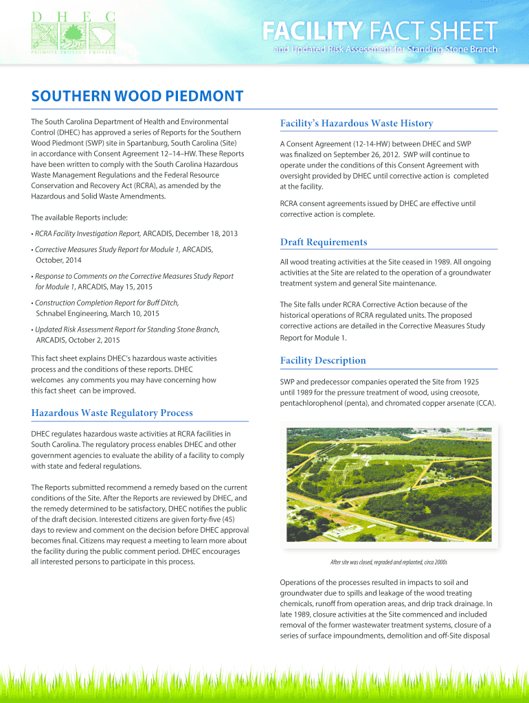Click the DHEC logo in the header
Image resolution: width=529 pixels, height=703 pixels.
coord(72,32)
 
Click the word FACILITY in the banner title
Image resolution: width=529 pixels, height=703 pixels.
coord(312,31)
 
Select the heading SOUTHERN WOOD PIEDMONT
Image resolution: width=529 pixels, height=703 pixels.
coord(137,96)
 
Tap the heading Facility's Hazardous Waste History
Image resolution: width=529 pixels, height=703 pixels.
coord(356,124)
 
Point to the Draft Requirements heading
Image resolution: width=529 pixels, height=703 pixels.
coord(323,242)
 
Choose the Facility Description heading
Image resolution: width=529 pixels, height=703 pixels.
coord(322,360)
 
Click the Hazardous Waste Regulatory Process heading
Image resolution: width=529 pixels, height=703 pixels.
coord(112,413)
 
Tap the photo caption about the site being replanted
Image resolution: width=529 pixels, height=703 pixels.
coord(388,562)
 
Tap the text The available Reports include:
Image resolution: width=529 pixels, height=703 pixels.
coord(79,218)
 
